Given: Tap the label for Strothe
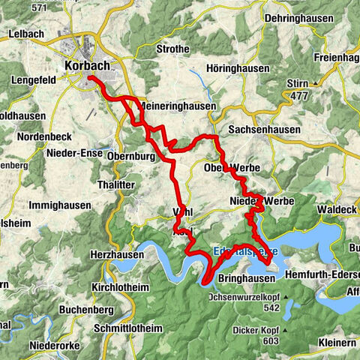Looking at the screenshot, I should tap(158, 72).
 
